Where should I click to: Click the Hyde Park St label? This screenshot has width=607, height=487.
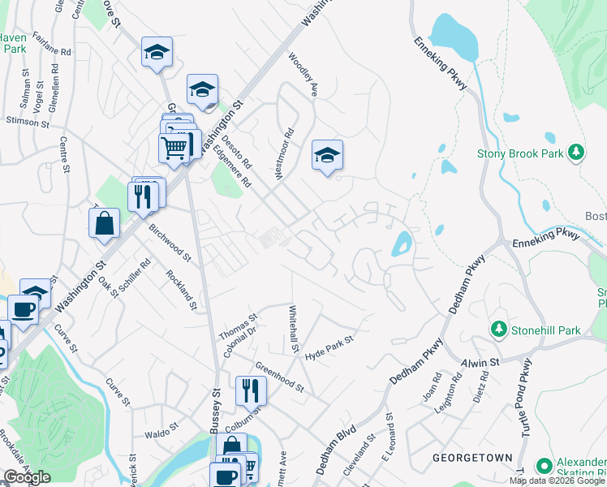pyautogui.click(x=329, y=349)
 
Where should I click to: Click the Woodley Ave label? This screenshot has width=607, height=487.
pyautogui.click(x=303, y=74)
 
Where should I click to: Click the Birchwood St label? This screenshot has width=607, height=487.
pyautogui.click(x=169, y=243)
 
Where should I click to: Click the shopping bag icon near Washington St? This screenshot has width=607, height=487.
pyautogui.click(x=105, y=225)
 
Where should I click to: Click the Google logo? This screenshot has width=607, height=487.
pyautogui.click(x=27, y=477)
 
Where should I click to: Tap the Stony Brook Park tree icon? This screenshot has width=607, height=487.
pyautogui.click(x=576, y=152)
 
